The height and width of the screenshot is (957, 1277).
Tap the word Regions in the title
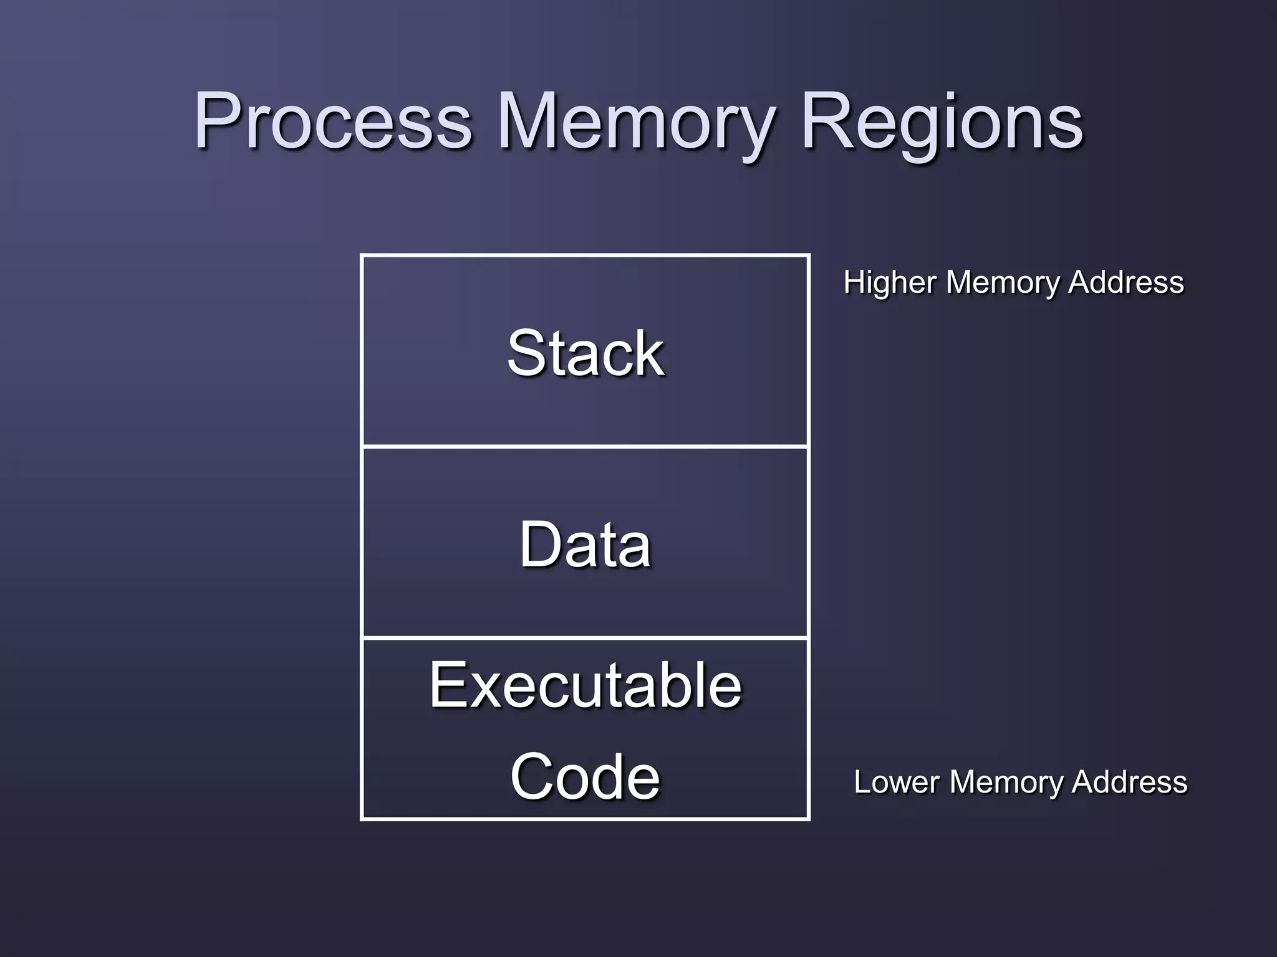pos(942,121)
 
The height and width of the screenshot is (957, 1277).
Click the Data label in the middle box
pos(585,545)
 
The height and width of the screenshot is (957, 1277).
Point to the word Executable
pos(585,685)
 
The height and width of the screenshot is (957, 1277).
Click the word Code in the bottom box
pos(585,776)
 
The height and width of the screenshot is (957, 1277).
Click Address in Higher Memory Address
pos(1125,282)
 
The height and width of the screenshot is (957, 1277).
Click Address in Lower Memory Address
pos(1129,782)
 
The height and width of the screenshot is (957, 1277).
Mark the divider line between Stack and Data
pos(585,446)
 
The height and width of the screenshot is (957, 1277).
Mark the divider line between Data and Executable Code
pos(585,638)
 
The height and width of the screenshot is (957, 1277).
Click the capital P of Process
pos(215,120)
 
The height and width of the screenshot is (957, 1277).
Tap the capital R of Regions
pos(823,120)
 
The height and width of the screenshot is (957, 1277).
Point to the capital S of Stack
pos(527,353)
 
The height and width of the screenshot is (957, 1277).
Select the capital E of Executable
pos(448,685)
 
